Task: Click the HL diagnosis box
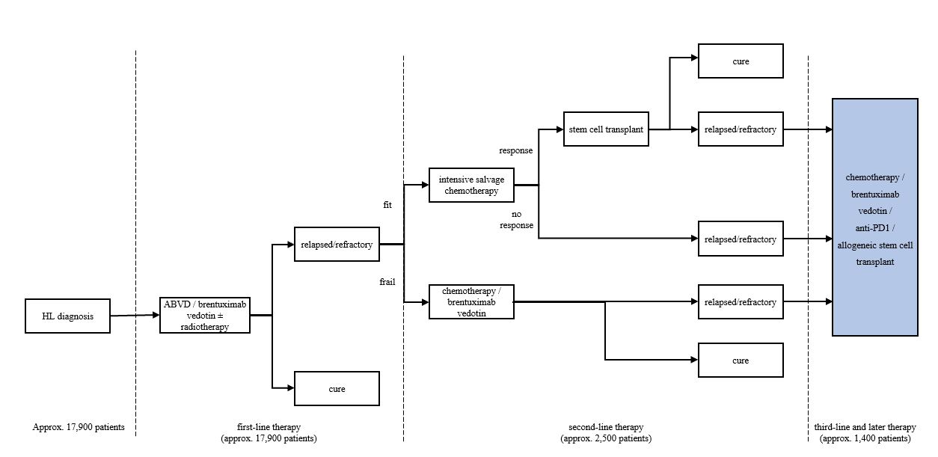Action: [x=68, y=316]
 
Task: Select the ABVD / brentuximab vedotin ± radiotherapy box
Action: [x=205, y=315]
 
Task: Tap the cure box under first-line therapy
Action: [x=337, y=389]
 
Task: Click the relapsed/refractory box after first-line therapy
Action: [x=337, y=244]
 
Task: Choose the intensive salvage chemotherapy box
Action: [x=471, y=185]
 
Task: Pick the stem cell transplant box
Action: [x=606, y=129]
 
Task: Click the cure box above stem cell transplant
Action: [x=741, y=61]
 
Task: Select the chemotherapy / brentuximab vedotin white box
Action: [x=471, y=301]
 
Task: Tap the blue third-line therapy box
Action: [x=874, y=217]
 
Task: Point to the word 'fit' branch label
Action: [x=387, y=204]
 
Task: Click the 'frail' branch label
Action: [x=387, y=282]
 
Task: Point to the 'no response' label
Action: [x=517, y=218]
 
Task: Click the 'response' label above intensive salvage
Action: [x=516, y=150]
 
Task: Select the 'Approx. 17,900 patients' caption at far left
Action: [x=79, y=428]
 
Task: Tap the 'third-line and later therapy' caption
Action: [x=865, y=428]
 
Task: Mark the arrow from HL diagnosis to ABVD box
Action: [x=135, y=316]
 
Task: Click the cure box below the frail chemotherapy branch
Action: [x=741, y=361]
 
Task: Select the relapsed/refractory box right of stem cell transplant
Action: [x=741, y=129]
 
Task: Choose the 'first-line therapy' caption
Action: [x=269, y=428]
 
